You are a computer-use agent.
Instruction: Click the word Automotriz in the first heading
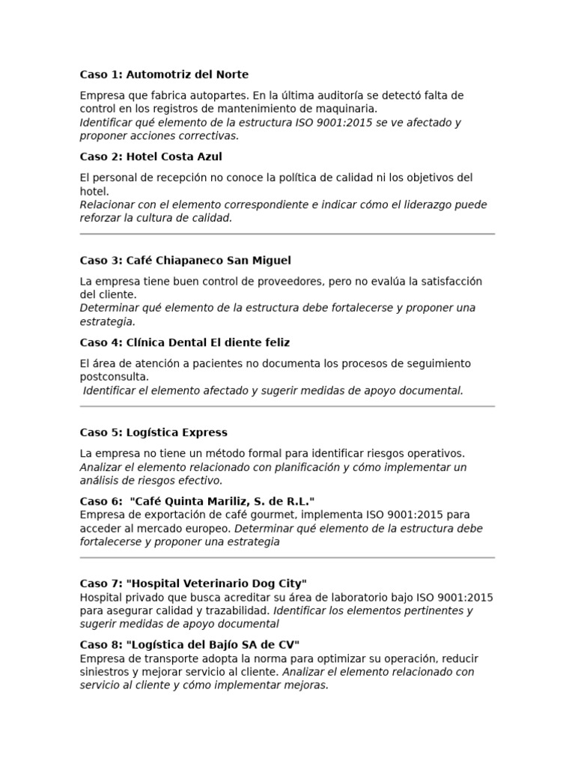pos(156,75)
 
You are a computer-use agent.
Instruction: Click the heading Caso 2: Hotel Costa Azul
pos(150,157)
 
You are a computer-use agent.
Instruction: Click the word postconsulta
pos(115,378)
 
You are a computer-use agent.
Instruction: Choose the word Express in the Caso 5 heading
pos(203,433)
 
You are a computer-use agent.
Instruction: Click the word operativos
pos(436,454)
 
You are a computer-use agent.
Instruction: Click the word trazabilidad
pos(220,611)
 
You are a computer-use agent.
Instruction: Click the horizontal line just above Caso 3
pos(287,234)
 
